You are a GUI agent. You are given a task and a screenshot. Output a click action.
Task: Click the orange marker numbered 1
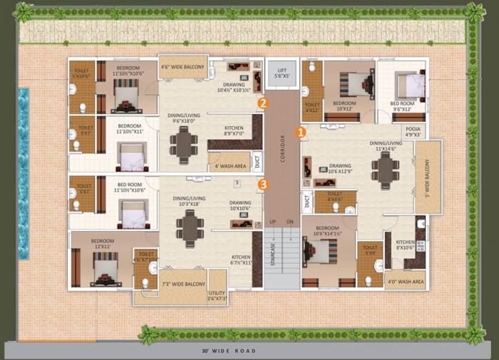tap(301, 132)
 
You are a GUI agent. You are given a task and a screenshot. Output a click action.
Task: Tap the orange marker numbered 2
tap(263, 103)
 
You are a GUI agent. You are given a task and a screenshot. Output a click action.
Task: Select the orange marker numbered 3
tap(263, 185)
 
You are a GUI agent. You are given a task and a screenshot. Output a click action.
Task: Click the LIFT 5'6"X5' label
tap(282, 73)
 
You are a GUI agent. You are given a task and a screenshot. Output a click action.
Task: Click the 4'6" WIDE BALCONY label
tap(182, 68)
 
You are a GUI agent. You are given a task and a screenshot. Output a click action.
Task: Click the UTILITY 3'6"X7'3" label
tap(217, 296)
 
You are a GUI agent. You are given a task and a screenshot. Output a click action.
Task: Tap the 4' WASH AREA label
tap(230, 167)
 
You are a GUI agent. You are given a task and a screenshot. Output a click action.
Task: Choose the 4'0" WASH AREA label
tap(408, 282)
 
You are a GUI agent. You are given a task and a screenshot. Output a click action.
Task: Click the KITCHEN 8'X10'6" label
tap(405, 245)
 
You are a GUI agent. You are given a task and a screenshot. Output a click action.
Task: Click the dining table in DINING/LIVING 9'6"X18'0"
tap(184, 145)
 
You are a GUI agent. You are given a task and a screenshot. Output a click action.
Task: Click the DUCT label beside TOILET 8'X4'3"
tap(307, 202)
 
